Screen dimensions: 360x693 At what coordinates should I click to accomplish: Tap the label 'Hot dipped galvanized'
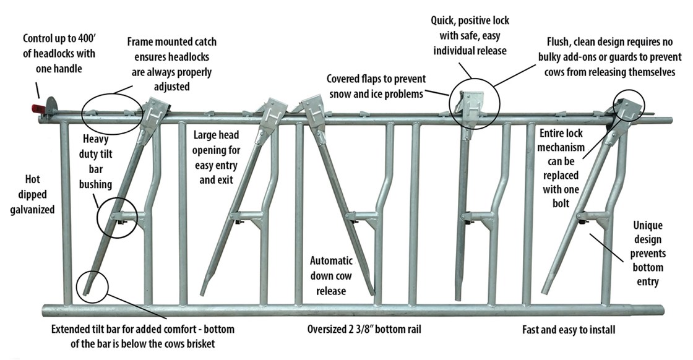click(x=31, y=194)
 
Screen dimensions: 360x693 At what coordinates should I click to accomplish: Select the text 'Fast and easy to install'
click(x=568, y=330)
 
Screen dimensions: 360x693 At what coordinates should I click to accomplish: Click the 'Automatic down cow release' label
click(x=332, y=275)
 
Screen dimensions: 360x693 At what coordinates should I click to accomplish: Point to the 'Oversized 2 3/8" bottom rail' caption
click(x=363, y=329)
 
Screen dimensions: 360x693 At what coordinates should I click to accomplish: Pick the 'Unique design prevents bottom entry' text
click(x=647, y=254)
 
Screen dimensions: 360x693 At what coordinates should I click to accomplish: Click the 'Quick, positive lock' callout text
click(x=470, y=35)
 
